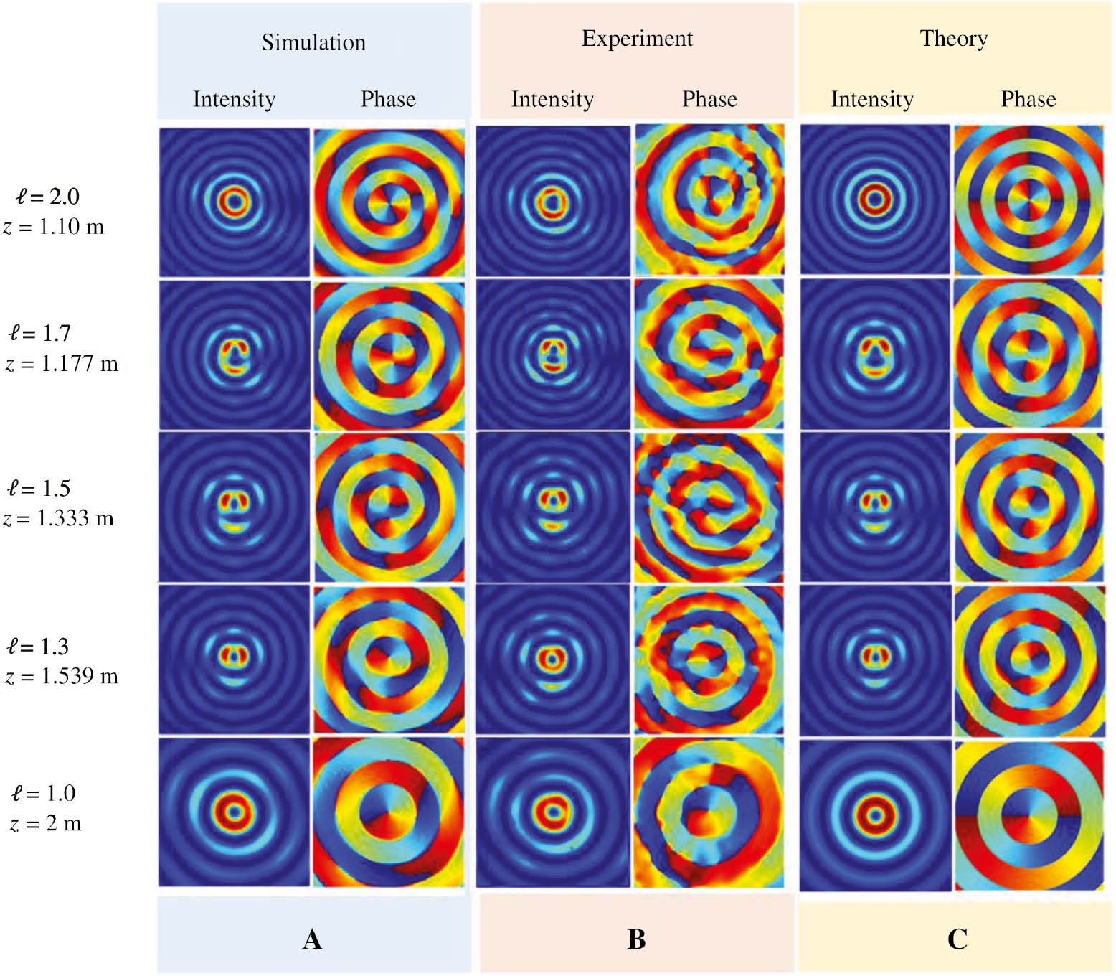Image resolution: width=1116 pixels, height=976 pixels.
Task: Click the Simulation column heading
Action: tap(313, 42)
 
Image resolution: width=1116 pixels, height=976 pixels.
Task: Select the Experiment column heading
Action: tap(637, 39)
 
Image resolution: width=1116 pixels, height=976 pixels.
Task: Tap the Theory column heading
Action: tap(953, 39)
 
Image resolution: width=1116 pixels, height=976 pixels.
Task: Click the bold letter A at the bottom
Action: tap(312, 939)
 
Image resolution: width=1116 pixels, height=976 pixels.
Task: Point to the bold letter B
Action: tap(636, 939)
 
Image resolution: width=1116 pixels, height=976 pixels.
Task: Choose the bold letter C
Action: tap(957, 939)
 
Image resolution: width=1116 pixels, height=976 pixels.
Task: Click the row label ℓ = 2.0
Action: tap(47, 197)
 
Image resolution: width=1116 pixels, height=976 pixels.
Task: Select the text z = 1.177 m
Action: tap(62, 364)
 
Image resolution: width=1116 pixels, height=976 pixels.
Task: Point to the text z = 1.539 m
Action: tap(62, 676)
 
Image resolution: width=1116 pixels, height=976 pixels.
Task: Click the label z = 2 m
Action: tap(46, 823)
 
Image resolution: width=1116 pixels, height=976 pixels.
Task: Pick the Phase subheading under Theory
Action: tap(1028, 99)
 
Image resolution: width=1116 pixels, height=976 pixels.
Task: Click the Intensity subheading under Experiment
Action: tap(552, 99)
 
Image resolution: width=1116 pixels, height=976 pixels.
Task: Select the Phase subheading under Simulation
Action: tap(388, 99)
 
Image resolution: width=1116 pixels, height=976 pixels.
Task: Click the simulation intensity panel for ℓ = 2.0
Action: tap(234, 202)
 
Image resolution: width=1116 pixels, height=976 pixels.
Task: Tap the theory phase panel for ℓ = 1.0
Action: tap(1028, 815)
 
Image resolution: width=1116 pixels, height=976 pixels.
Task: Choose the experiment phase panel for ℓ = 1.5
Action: tap(709, 507)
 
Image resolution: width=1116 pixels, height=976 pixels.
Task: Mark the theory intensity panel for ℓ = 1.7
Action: tap(875, 355)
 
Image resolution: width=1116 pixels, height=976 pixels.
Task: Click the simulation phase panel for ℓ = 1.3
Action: tap(388, 659)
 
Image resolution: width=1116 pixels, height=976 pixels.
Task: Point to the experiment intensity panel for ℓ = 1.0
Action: tap(552, 812)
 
